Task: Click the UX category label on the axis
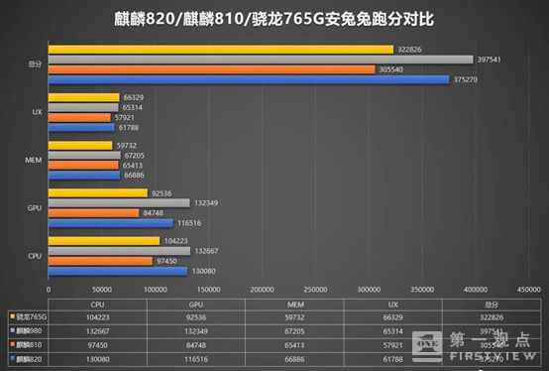click(36, 113)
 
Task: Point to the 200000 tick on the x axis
click(262, 289)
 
